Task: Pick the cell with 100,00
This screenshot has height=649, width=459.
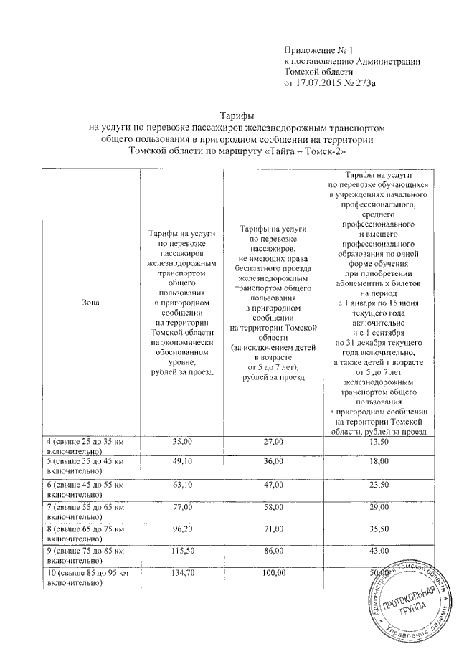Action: [272, 574]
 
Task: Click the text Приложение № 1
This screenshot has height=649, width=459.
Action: [319, 51]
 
